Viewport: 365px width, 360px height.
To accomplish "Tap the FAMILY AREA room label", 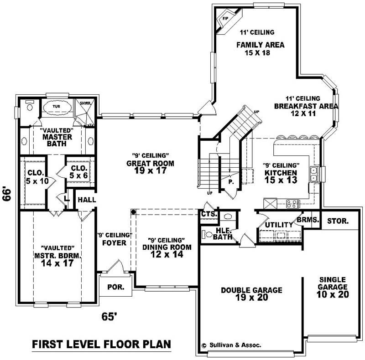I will [x=260, y=45].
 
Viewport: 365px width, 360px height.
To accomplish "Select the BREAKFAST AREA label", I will [x=306, y=106].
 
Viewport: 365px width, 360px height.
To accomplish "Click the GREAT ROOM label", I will [x=145, y=163].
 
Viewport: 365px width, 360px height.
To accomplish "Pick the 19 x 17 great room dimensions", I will [x=145, y=171].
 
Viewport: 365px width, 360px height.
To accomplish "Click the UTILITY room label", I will [x=279, y=225].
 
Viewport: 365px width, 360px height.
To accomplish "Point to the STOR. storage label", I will [x=338, y=221].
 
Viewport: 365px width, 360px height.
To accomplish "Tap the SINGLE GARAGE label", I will [x=333, y=283].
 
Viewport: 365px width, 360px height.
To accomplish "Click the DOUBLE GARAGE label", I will [x=251, y=290].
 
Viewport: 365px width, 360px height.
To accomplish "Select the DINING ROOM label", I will [x=166, y=247].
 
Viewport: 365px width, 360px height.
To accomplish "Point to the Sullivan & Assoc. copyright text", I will [x=231, y=345].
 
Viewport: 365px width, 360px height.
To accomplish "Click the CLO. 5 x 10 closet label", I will [x=34, y=177].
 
